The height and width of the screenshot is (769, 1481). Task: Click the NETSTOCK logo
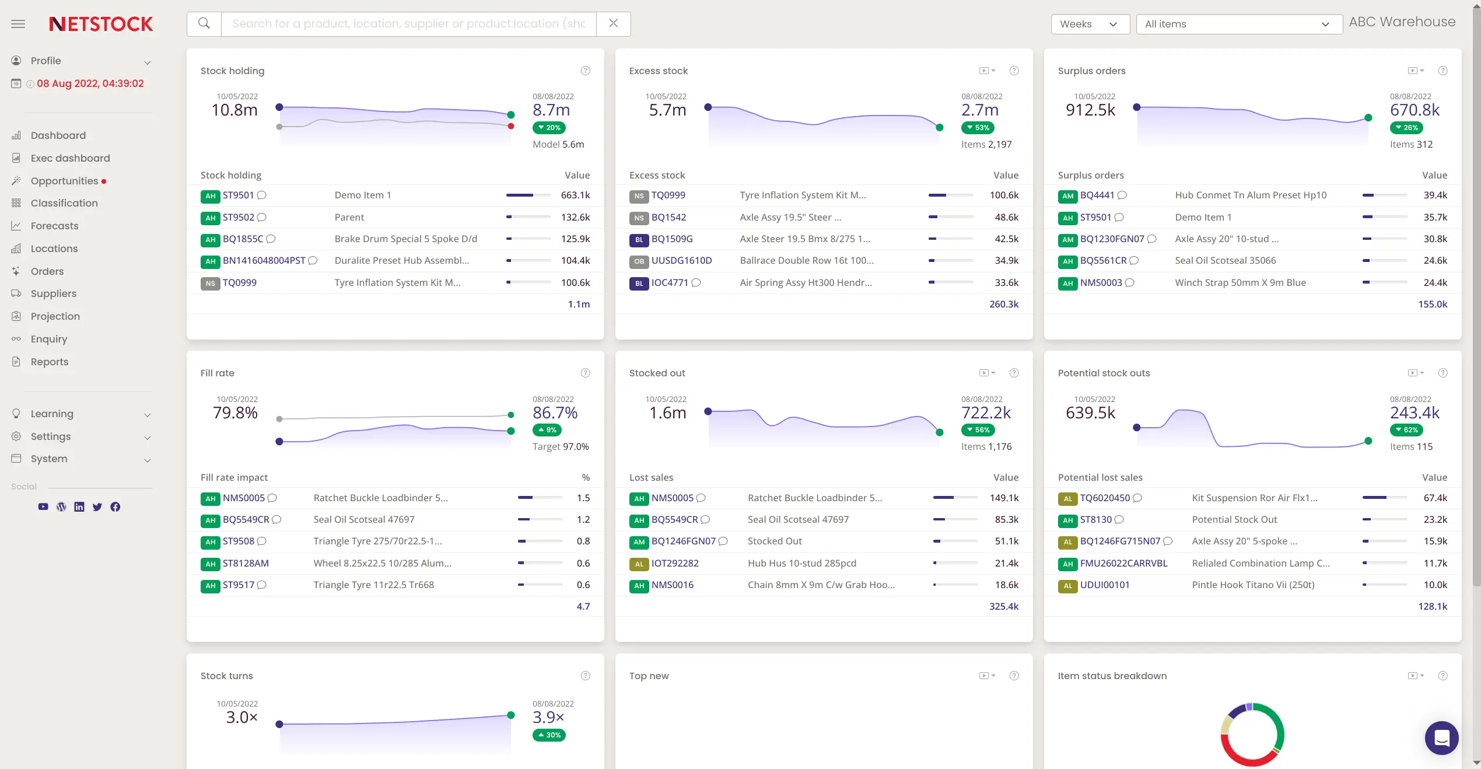point(101,24)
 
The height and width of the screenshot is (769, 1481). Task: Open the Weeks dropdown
point(1089,24)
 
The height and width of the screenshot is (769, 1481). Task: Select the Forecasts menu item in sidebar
point(54,226)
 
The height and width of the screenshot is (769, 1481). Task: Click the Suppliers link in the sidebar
point(53,293)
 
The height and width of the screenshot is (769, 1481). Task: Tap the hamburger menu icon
point(18,24)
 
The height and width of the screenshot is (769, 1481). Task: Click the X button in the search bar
point(613,23)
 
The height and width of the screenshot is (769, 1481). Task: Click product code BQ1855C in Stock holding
point(243,239)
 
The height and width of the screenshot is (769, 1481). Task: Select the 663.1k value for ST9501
point(575,195)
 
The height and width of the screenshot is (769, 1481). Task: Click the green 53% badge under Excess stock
point(977,128)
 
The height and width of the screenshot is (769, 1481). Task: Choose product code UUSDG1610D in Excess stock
point(681,260)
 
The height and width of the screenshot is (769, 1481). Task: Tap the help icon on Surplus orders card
point(1443,71)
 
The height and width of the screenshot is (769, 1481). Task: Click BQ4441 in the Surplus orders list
point(1097,195)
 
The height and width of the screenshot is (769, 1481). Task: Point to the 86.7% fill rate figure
point(555,413)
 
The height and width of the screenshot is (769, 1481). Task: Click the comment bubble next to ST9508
point(262,541)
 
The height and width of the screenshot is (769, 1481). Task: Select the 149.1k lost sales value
point(1004,498)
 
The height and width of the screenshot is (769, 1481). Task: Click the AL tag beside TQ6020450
point(1067,498)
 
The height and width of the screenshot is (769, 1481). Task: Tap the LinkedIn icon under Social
point(79,507)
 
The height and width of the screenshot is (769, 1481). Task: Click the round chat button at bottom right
point(1441,738)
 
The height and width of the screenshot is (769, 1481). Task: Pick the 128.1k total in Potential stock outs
point(1432,606)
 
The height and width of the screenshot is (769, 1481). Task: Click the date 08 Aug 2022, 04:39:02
point(90,83)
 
